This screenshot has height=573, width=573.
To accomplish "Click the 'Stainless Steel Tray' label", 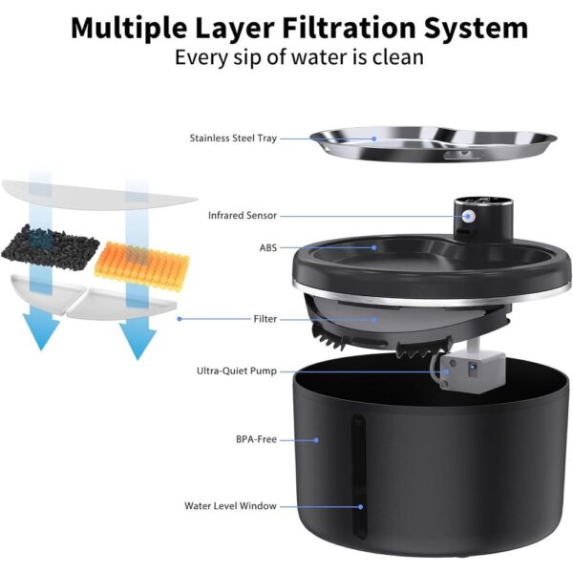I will (x=233, y=138).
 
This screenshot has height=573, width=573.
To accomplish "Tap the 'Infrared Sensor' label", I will (x=243, y=216).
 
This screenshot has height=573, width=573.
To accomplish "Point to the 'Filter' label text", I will (x=265, y=319).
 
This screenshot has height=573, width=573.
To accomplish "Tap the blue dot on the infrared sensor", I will (x=468, y=217).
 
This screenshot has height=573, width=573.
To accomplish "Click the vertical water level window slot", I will (x=360, y=477).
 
